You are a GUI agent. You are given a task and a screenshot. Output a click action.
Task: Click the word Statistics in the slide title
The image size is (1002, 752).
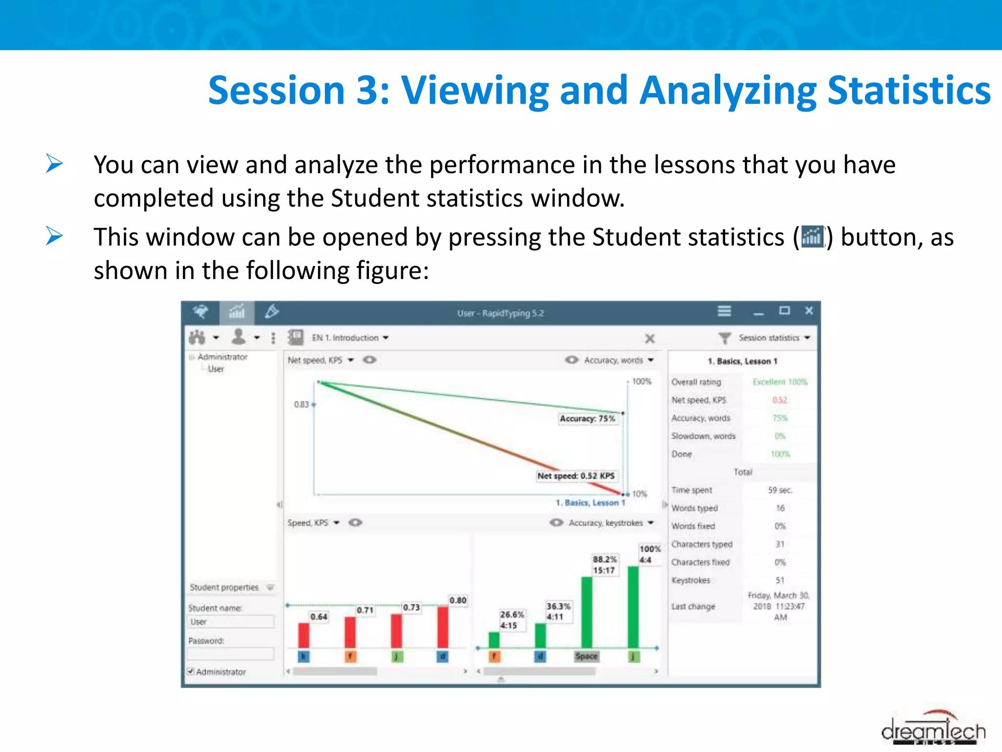[x=909, y=91]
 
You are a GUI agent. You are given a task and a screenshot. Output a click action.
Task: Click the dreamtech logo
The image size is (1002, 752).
[x=933, y=729]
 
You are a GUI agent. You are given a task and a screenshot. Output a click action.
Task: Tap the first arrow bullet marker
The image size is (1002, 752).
[x=54, y=164]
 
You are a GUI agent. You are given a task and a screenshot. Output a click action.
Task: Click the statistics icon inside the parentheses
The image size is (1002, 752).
[x=813, y=237]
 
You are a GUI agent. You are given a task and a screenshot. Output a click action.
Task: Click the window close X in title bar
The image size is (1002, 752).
[x=809, y=311]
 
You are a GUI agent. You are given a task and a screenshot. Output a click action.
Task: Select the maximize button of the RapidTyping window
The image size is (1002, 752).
[x=784, y=311]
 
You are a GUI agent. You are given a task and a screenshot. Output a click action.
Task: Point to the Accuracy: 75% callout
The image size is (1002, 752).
[x=587, y=419]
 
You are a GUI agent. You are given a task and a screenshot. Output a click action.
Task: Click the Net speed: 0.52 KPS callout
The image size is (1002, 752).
[x=576, y=476]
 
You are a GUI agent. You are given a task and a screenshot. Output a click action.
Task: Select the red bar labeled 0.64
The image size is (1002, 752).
[x=304, y=635]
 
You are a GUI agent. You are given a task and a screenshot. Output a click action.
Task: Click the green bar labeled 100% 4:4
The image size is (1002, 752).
[x=633, y=607]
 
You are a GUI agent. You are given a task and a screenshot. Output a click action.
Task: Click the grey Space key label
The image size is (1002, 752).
[x=586, y=656]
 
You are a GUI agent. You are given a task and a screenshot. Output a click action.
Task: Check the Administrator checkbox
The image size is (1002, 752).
[x=191, y=671]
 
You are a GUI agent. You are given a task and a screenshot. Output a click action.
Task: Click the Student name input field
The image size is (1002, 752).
[x=231, y=622]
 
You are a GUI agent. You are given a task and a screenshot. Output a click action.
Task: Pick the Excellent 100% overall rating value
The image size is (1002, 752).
[x=780, y=382]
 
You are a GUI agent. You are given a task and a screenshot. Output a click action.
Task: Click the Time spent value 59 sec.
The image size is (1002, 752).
[x=780, y=490]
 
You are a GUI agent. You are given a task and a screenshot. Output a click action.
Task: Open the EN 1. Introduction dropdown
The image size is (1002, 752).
[x=350, y=338]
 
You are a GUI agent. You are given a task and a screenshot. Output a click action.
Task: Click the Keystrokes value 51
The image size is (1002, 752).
[x=780, y=580]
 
